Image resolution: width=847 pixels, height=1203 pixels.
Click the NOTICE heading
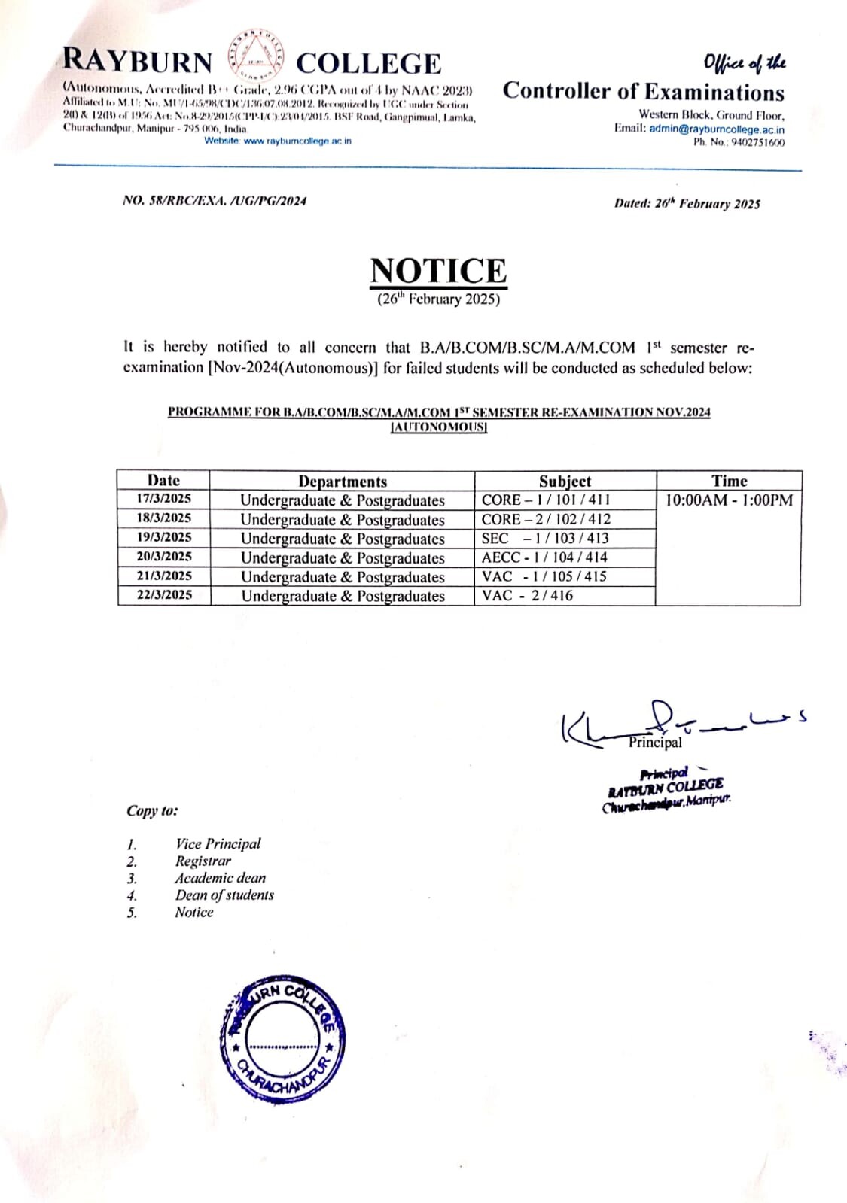tap(438, 271)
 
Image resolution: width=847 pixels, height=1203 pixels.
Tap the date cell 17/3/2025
tap(164, 499)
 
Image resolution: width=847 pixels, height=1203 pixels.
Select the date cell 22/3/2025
tap(164, 595)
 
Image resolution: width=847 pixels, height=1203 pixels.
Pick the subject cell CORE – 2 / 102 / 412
tap(547, 519)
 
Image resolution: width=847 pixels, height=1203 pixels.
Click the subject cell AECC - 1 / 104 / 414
tap(544, 557)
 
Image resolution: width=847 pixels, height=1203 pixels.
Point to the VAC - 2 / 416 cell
tap(528, 596)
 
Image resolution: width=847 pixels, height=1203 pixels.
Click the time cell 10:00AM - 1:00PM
tap(728, 500)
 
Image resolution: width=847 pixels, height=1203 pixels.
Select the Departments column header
tap(343, 482)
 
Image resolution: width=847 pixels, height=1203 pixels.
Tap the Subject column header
tap(565, 482)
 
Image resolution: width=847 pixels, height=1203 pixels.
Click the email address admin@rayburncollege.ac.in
tap(717, 129)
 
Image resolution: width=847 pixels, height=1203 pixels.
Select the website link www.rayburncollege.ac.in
tap(297, 141)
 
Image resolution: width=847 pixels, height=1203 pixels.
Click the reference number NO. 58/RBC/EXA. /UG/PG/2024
tap(215, 201)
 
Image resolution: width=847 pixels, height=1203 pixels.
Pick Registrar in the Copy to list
tap(203, 861)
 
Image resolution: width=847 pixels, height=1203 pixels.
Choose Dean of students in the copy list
tap(224, 895)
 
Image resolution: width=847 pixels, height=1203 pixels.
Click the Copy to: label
tap(152, 811)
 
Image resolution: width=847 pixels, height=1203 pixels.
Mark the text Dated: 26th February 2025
tap(687, 203)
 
